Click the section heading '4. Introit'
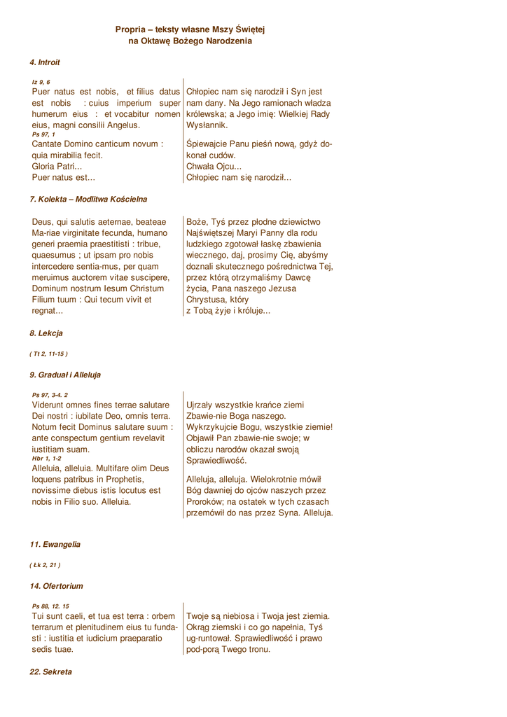(x=45, y=62)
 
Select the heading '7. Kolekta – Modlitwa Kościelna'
(x=88, y=200)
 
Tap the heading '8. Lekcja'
(x=46, y=333)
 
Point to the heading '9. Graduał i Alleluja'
(x=65, y=375)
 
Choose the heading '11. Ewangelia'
(x=55, y=544)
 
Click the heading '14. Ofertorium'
(x=56, y=586)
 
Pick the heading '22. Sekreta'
(x=50, y=672)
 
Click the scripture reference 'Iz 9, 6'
(x=41, y=83)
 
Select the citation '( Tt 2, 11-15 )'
(x=48, y=354)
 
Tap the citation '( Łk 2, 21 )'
(x=45, y=565)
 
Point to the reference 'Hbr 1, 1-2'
(x=47, y=459)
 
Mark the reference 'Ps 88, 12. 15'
(x=50, y=606)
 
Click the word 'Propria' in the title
(x=130, y=29)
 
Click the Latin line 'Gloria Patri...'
(x=57, y=167)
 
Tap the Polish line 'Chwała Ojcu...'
(x=214, y=167)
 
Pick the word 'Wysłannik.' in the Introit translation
(x=207, y=125)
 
